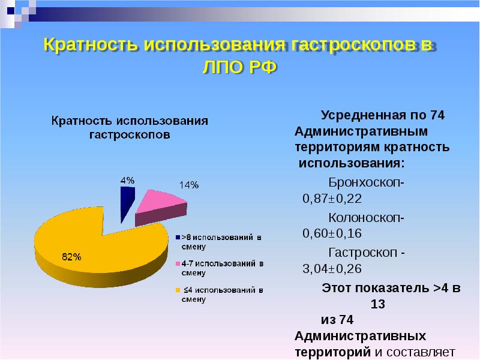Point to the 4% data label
127,180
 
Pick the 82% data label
71,257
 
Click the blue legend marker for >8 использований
178,238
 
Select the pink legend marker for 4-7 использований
178,264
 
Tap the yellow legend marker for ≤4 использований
178,290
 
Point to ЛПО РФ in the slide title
239,67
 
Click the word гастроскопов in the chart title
130,135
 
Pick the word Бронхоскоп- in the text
366,182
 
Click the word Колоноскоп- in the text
366,217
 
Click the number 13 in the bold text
377,304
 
